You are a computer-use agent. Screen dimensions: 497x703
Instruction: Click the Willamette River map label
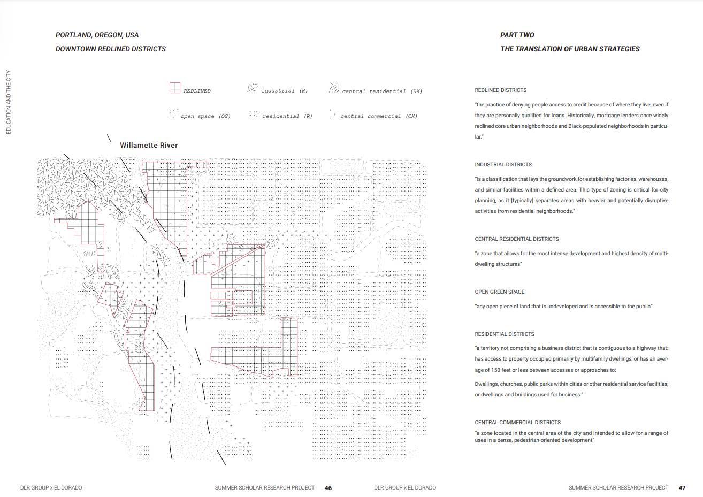149,146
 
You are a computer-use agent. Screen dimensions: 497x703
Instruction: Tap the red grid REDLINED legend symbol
175,88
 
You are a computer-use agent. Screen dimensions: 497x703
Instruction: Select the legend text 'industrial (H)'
284,91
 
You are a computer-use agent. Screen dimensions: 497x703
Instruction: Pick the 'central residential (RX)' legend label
382,91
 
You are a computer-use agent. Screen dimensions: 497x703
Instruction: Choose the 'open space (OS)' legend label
205,116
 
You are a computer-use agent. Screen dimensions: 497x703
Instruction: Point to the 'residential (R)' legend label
287,116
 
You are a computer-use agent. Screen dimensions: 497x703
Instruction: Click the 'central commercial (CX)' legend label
379,116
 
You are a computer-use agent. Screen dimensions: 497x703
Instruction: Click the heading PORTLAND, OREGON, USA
97,35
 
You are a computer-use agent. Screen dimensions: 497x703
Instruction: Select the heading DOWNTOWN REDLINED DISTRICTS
111,49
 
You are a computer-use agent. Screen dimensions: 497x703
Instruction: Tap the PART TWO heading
517,35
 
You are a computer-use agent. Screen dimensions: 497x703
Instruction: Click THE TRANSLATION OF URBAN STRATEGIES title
570,49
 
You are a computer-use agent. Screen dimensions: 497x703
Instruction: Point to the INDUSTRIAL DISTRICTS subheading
503,165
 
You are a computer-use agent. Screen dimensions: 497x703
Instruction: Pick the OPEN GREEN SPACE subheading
500,292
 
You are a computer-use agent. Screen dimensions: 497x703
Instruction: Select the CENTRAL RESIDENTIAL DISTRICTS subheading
516,239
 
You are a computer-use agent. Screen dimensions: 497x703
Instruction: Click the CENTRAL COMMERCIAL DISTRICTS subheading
517,423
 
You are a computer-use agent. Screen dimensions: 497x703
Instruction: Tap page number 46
328,488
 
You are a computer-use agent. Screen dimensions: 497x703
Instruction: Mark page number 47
682,488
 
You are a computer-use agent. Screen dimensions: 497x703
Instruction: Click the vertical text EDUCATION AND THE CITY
9,102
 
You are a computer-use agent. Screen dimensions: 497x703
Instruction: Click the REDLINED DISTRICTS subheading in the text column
500,90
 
